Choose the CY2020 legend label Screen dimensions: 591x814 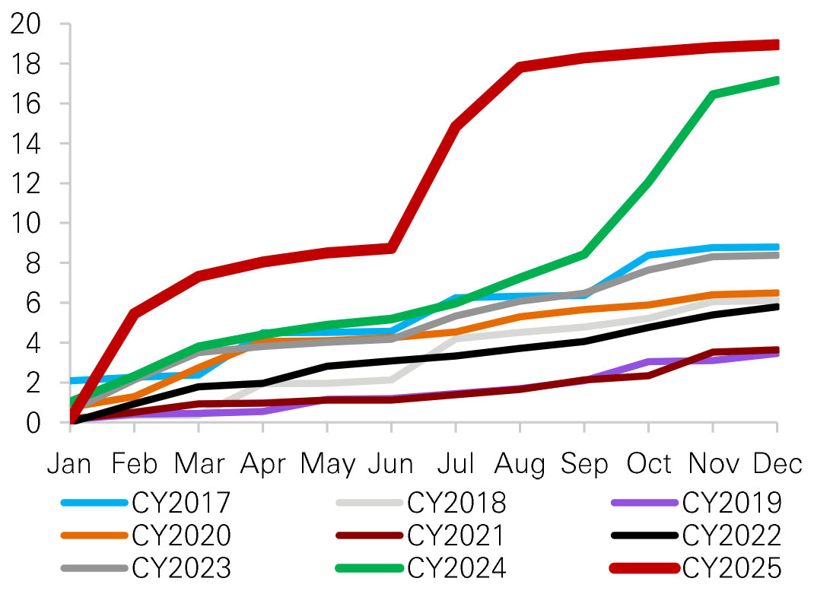[181, 536]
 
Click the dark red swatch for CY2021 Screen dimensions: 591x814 [369, 536]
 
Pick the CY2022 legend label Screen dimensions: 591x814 [732, 536]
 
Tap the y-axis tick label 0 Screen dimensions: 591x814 [35, 422]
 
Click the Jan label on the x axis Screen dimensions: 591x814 [70, 463]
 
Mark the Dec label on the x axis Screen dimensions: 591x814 [776, 463]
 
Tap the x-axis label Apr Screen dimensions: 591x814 [262, 463]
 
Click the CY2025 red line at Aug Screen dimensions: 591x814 [520, 67]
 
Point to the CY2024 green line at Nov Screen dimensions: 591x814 [712, 95]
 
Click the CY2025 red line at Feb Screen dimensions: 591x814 [135, 313]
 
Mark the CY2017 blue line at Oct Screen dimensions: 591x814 [648, 255]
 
